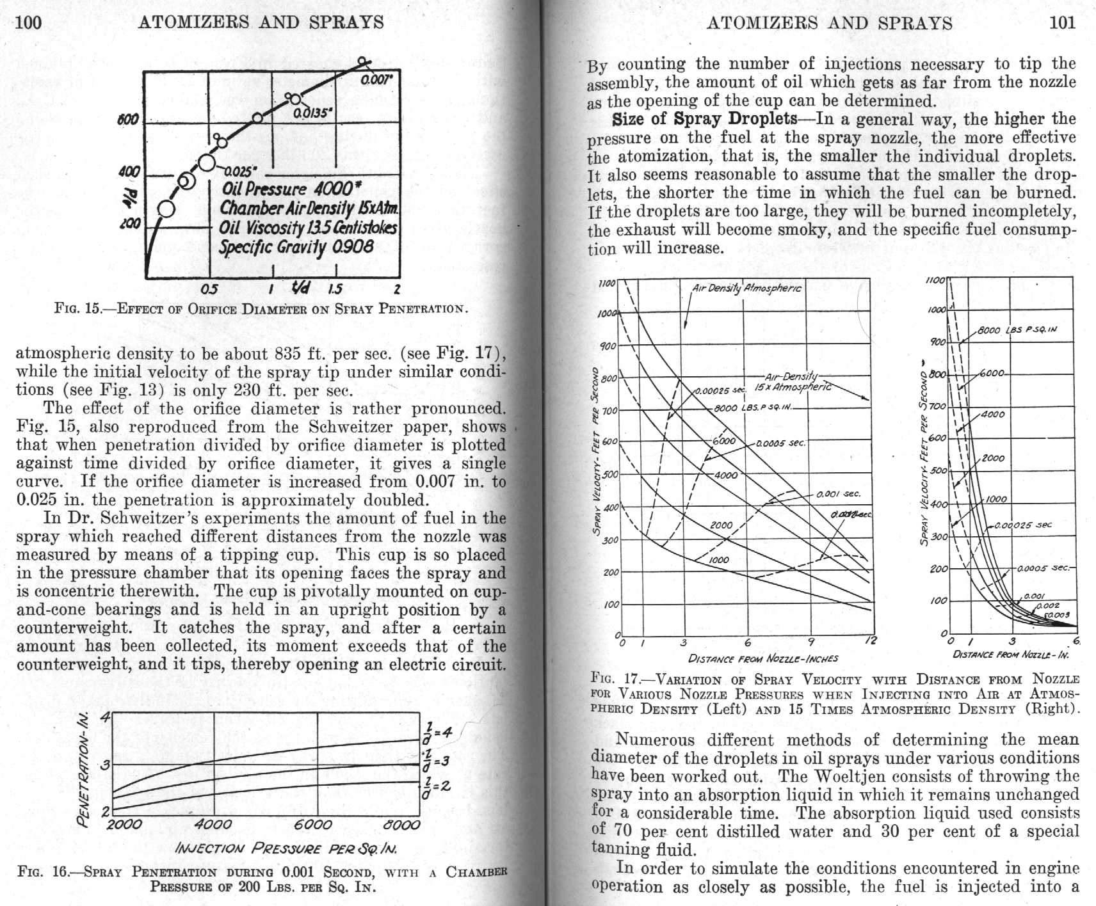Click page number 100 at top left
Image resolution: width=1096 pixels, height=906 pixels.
(28, 22)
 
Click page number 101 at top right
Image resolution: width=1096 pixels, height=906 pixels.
(1062, 22)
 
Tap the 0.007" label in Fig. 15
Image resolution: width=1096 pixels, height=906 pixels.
(376, 81)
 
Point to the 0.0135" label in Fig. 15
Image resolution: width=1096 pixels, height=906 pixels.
(312, 113)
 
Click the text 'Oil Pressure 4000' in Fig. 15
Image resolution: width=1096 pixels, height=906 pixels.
(287, 189)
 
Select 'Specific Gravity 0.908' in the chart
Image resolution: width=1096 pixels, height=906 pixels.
(296, 247)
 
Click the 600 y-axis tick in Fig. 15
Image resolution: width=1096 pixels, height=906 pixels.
(128, 120)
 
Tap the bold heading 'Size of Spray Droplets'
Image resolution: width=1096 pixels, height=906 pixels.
(704, 119)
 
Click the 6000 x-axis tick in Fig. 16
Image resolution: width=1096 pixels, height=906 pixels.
(313, 825)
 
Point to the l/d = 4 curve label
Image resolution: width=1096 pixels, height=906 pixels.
(437, 732)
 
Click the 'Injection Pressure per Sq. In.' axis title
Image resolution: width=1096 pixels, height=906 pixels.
(286, 849)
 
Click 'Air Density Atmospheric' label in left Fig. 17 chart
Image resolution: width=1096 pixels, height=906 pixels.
(746, 289)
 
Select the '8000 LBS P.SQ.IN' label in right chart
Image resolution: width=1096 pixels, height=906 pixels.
(1017, 330)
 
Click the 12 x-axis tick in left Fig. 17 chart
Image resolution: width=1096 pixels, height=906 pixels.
(871, 640)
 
